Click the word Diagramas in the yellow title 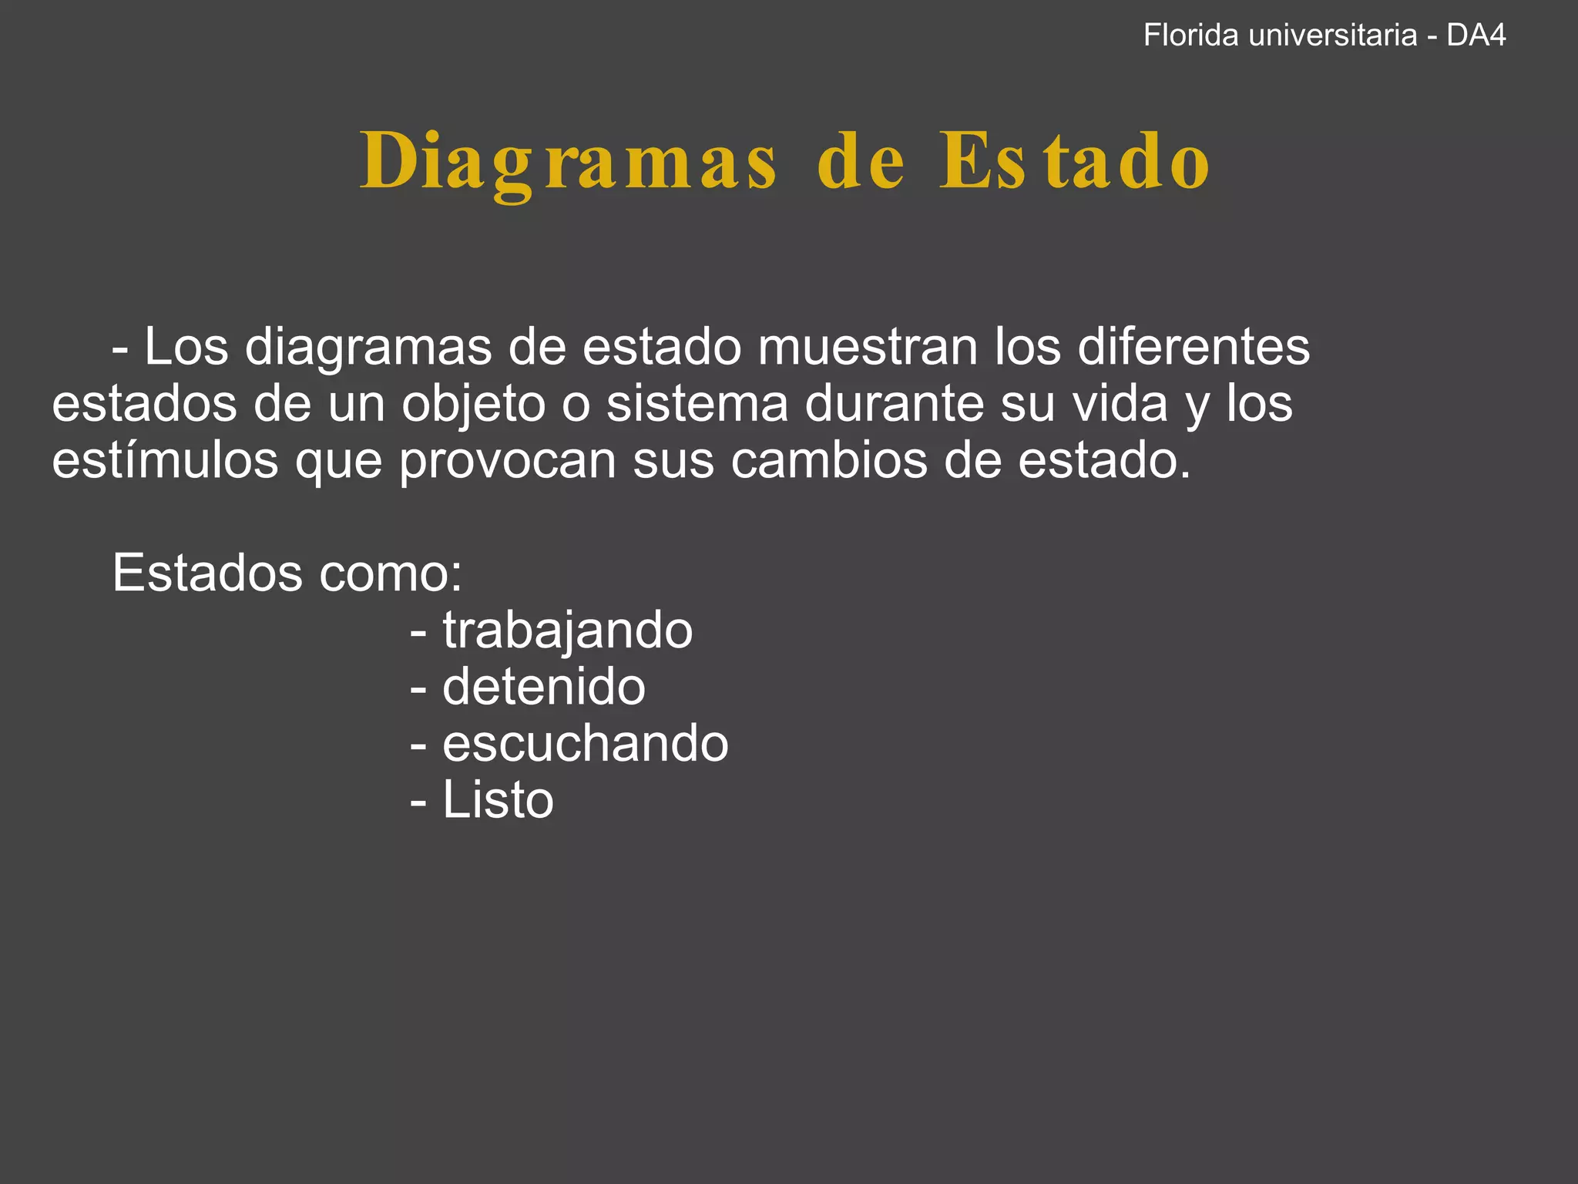coord(569,162)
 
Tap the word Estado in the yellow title coord(1074,162)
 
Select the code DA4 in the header coord(1476,35)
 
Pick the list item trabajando coord(567,631)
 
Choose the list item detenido coord(543,687)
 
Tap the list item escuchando coord(585,744)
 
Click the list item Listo coord(498,800)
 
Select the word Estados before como coord(207,573)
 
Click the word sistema coord(697,404)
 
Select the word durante coord(895,404)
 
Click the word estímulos coord(165,460)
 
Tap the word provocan coord(508,460)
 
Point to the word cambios coord(829,460)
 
